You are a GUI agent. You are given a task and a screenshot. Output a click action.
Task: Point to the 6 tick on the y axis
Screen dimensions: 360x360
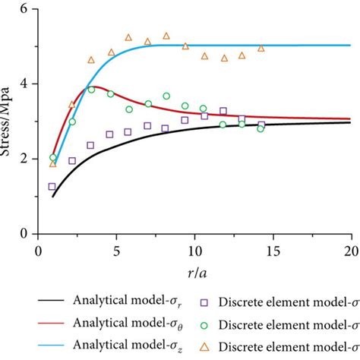point(26,8)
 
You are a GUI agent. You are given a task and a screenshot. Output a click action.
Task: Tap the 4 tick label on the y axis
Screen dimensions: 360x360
point(26,84)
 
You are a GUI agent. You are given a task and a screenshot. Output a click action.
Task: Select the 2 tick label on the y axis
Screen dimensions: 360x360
point(26,159)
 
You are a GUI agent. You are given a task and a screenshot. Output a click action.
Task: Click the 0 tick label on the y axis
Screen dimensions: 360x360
point(26,234)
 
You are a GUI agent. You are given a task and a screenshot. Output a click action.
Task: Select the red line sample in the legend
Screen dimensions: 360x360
point(47,325)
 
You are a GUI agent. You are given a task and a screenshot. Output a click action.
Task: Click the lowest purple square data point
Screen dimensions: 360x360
point(52,186)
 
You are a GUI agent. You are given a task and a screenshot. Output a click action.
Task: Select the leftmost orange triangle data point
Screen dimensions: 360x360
point(52,163)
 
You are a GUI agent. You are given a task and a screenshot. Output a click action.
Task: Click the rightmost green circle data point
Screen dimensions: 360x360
point(261,128)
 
